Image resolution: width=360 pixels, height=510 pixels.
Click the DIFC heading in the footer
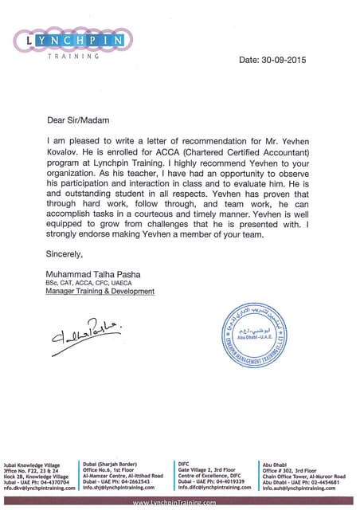184,462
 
